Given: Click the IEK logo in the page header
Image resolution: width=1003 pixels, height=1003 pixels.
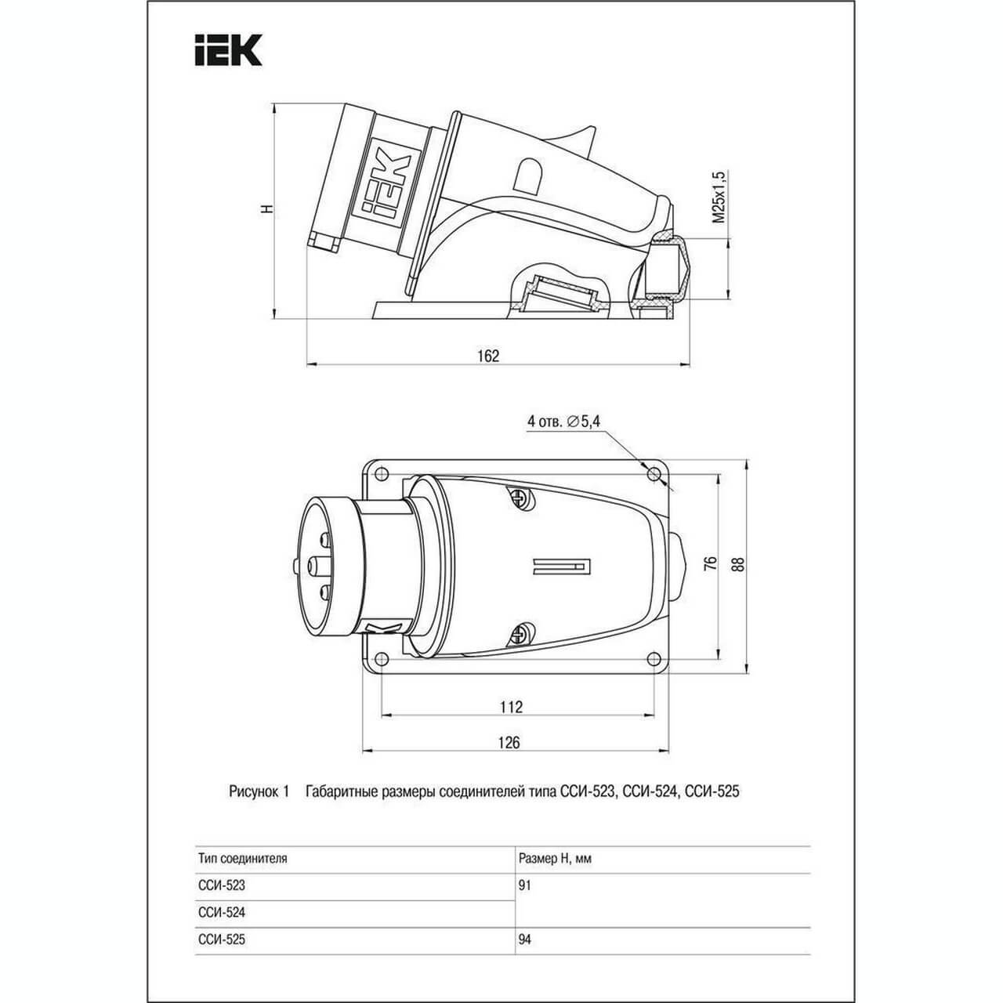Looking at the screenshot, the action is [228, 50].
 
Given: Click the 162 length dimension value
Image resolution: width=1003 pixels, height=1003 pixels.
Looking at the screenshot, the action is [488, 356].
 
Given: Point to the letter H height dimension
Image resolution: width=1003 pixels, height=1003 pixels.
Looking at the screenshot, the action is [267, 209].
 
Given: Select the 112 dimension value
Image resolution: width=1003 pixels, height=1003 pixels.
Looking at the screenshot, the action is [511, 707].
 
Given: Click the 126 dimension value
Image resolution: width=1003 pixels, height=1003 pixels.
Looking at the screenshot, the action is [509, 742].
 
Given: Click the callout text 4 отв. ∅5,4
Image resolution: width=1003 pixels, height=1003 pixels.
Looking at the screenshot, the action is [563, 421].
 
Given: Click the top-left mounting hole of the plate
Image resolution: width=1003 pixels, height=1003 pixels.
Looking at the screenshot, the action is [382, 474].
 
